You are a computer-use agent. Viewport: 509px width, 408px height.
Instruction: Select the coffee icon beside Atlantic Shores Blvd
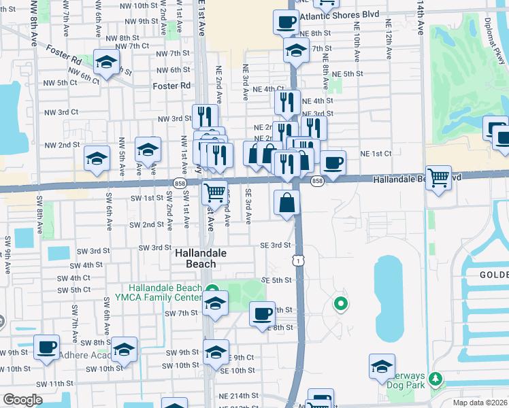(285, 22)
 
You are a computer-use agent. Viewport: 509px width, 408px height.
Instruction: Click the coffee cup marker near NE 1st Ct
(333, 163)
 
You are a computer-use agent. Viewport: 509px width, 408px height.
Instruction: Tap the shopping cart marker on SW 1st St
(215, 193)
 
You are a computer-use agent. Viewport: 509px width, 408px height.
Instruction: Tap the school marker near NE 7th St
(295, 51)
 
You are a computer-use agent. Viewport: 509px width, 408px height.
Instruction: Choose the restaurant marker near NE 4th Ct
(287, 102)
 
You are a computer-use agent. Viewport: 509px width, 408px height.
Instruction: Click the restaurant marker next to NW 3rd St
(204, 116)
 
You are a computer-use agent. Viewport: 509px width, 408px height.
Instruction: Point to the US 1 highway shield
(297, 260)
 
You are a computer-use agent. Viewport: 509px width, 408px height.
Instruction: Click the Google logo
(22, 400)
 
